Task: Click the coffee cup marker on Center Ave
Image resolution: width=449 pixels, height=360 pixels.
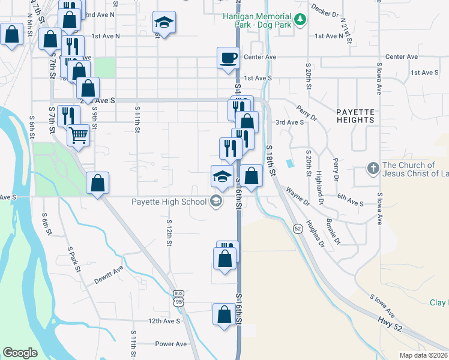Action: [x=228, y=58]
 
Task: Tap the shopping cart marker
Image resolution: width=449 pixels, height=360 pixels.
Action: [x=78, y=134]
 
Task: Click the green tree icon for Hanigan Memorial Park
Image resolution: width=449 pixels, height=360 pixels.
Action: [x=300, y=21]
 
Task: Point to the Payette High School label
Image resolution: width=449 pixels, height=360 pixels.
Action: [x=169, y=202]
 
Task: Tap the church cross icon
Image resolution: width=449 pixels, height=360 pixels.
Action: [x=372, y=169]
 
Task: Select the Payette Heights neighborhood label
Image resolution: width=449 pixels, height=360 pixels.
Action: [x=355, y=116]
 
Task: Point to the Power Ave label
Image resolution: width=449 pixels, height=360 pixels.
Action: [x=171, y=344]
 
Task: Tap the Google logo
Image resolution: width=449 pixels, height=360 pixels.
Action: [x=20, y=352]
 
